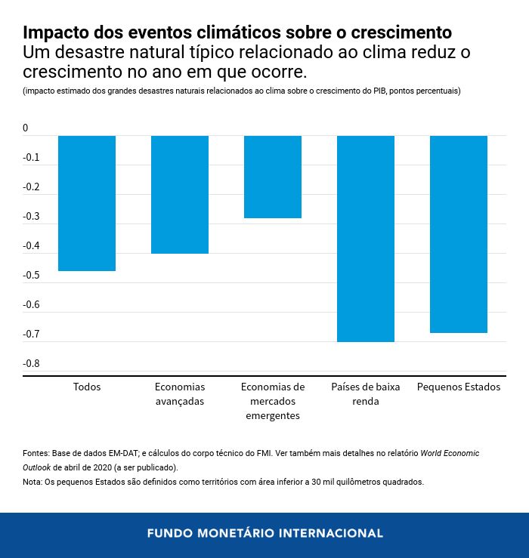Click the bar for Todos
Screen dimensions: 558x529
(x=87, y=203)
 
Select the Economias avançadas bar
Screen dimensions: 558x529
(x=180, y=195)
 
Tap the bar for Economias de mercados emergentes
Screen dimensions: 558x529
(x=273, y=177)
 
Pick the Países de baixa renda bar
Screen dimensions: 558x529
(x=366, y=239)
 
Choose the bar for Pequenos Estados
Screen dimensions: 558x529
(x=459, y=234)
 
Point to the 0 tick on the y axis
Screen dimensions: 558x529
(x=26, y=128)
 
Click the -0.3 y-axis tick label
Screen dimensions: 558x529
(x=31, y=217)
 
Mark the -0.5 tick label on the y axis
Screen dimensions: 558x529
(x=31, y=276)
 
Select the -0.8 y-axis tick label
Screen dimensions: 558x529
(x=31, y=364)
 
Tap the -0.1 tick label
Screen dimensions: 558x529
(x=31, y=158)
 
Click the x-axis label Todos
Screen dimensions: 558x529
(x=87, y=387)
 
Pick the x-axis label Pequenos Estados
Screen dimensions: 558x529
(x=459, y=387)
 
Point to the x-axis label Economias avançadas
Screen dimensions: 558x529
(x=180, y=393)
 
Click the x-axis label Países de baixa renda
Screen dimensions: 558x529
(x=366, y=393)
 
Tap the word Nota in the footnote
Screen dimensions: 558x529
(x=32, y=482)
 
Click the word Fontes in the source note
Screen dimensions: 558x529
(x=36, y=454)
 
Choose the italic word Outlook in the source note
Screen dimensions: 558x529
(x=39, y=467)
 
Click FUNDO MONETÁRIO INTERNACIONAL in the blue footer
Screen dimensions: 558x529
(x=264, y=533)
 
